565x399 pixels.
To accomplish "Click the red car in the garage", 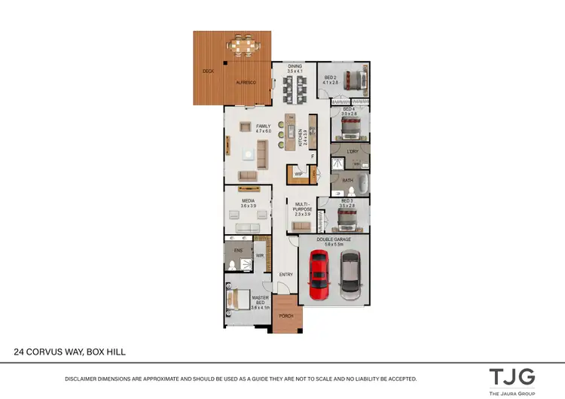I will (319, 275).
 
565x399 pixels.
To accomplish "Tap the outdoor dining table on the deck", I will (243, 47).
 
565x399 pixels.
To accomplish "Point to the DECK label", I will (209, 72).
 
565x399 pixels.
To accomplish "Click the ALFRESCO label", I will (247, 81).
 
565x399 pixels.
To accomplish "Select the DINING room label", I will (295, 66).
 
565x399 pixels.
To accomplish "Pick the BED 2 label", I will (330, 77).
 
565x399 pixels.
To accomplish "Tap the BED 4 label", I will (349, 110).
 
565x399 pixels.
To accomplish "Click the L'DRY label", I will (352, 151).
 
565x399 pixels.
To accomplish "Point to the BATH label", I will (347, 181).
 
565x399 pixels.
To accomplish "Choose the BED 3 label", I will (347, 201).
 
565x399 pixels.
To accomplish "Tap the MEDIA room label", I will (249, 201).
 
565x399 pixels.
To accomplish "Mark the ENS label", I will (238, 249).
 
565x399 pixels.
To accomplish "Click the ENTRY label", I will (286, 275).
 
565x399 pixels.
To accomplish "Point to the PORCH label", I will (286, 316).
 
